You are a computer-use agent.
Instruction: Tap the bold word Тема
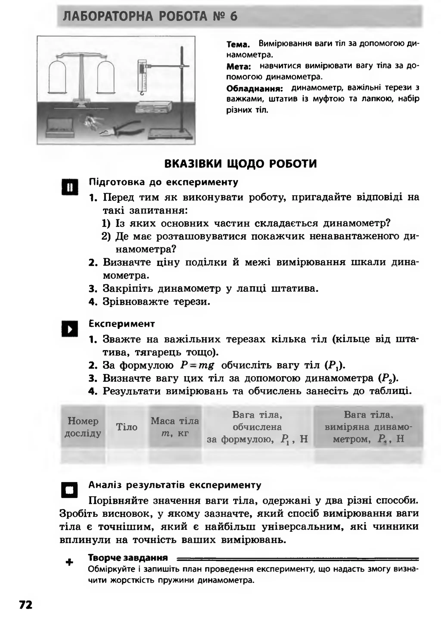point(238,44)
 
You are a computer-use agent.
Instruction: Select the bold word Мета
point(238,66)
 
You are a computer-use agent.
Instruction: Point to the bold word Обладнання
point(255,89)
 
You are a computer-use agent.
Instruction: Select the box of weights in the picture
point(60,128)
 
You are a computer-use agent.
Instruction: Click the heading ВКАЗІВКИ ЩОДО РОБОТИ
point(240,164)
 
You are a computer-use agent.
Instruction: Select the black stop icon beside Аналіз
point(69,490)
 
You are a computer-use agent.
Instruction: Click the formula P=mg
point(197,365)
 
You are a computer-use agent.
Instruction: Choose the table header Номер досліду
point(83,427)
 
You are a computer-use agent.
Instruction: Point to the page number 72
point(26,605)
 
